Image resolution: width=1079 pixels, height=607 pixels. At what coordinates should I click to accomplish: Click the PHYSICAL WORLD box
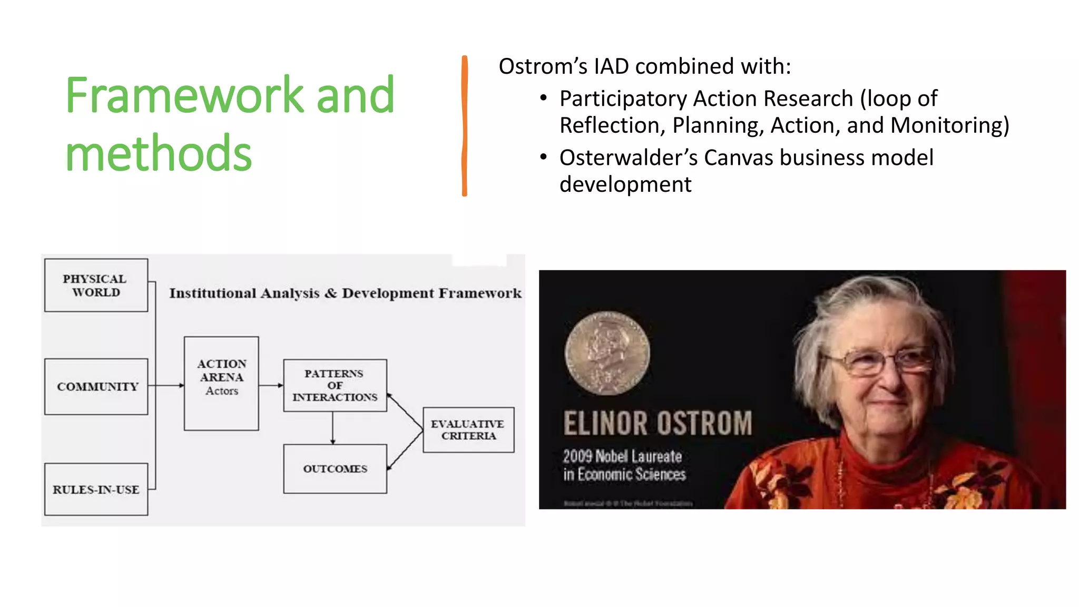point(96,285)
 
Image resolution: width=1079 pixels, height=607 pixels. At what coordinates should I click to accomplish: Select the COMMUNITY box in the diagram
point(96,387)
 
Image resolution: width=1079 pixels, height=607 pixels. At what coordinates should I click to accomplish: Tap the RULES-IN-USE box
point(96,489)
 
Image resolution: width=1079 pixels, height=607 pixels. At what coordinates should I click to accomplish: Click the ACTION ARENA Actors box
point(221,383)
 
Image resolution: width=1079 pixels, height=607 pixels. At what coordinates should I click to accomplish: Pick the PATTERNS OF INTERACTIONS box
point(335,385)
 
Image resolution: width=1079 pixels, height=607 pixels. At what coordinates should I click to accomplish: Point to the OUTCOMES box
point(335,468)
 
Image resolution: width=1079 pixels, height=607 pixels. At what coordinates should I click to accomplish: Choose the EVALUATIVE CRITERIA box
point(468,429)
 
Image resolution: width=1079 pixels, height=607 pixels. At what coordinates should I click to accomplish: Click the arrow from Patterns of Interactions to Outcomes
point(333,428)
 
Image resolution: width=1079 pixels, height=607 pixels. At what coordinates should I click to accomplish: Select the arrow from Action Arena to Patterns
point(271,385)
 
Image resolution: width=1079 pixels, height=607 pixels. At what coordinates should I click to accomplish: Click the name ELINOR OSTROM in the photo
point(658,424)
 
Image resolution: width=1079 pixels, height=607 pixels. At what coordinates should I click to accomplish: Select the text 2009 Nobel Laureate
point(622,456)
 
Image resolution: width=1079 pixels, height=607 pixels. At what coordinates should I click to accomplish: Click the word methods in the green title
point(158,153)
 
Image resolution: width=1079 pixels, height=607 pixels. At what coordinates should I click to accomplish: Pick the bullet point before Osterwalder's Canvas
point(544,157)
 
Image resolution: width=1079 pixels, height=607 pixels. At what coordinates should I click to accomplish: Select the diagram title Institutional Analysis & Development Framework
point(345,293)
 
